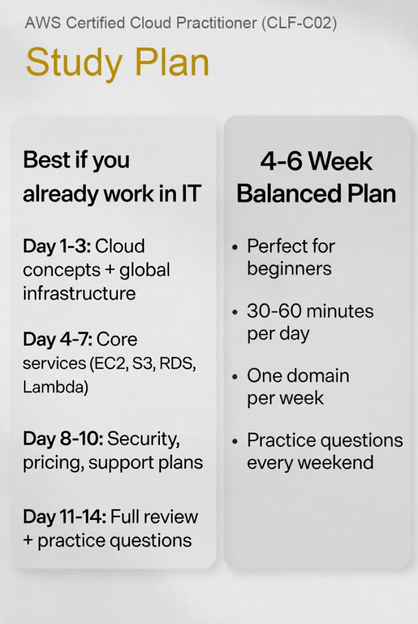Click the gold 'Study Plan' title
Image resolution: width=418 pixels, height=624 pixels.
pos(117,62)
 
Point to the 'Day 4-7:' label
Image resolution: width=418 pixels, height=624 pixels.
pos(57,339)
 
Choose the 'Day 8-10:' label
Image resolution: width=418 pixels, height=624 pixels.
pos(62,439)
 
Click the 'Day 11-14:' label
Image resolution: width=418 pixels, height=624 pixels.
pos(64,517)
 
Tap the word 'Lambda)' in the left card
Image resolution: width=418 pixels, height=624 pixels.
pos(55,387)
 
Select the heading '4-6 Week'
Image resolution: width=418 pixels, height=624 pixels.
pos(316,162)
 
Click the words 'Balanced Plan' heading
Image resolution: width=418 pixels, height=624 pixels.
pos(316,194)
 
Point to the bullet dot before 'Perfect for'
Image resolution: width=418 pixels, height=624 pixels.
pos(235,247)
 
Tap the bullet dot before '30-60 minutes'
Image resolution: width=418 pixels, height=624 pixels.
pos(235,312)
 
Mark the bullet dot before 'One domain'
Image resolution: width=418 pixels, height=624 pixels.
pos(235,377)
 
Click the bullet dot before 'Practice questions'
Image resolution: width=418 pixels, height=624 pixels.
pos(235,441)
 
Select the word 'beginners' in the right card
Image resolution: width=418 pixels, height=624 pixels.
pos(289,269)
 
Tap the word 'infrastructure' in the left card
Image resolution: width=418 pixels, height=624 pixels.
pos(79,293)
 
